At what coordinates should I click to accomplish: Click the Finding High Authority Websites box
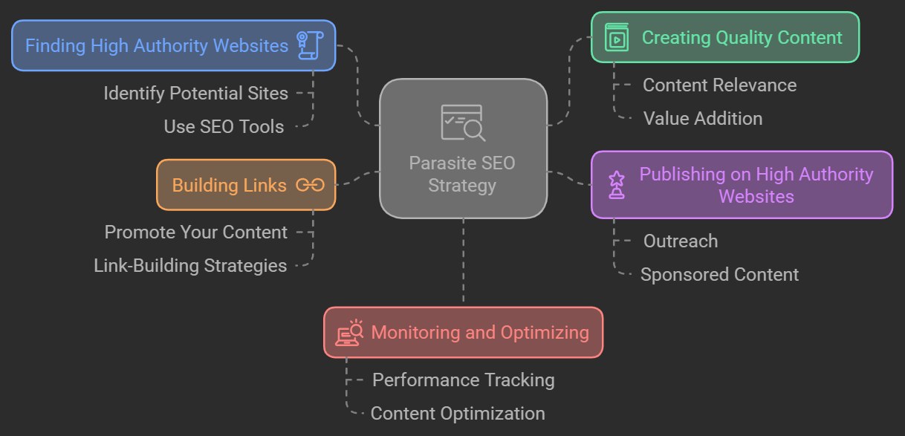[x=173, y=45]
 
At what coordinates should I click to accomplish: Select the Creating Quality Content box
[x=724, y=37]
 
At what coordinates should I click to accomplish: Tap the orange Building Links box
[x=246, y=185]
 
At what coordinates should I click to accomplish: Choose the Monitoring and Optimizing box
[x=463, y=332]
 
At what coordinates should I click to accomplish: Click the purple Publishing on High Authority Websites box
[x=742, y=185]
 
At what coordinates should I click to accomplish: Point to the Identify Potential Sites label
[x=195, y=94]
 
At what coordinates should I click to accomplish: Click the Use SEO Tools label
[x=224, y=127]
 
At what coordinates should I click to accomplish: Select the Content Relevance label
[x=719, y=85]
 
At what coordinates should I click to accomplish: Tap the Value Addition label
[x=702, y=118]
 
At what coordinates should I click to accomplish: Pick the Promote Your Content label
[x=195, y=232]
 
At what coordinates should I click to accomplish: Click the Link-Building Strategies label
[x=190, y=265]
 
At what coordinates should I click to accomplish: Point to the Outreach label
[x=680, y=241]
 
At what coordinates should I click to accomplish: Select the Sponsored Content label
[x=719, y=274]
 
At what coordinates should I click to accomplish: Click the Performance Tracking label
[x=463, y=380]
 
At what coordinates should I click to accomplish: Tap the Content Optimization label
[x=458, y=413]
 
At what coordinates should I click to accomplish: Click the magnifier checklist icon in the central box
[x=463, y=123]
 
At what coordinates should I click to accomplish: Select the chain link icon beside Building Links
[x=310, y=185]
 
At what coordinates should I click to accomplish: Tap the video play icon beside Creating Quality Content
[x=617, y=37]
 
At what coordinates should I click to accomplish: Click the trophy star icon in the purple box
[x=616, y=184]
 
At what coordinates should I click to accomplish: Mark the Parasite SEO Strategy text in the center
[x=462, y=174]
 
